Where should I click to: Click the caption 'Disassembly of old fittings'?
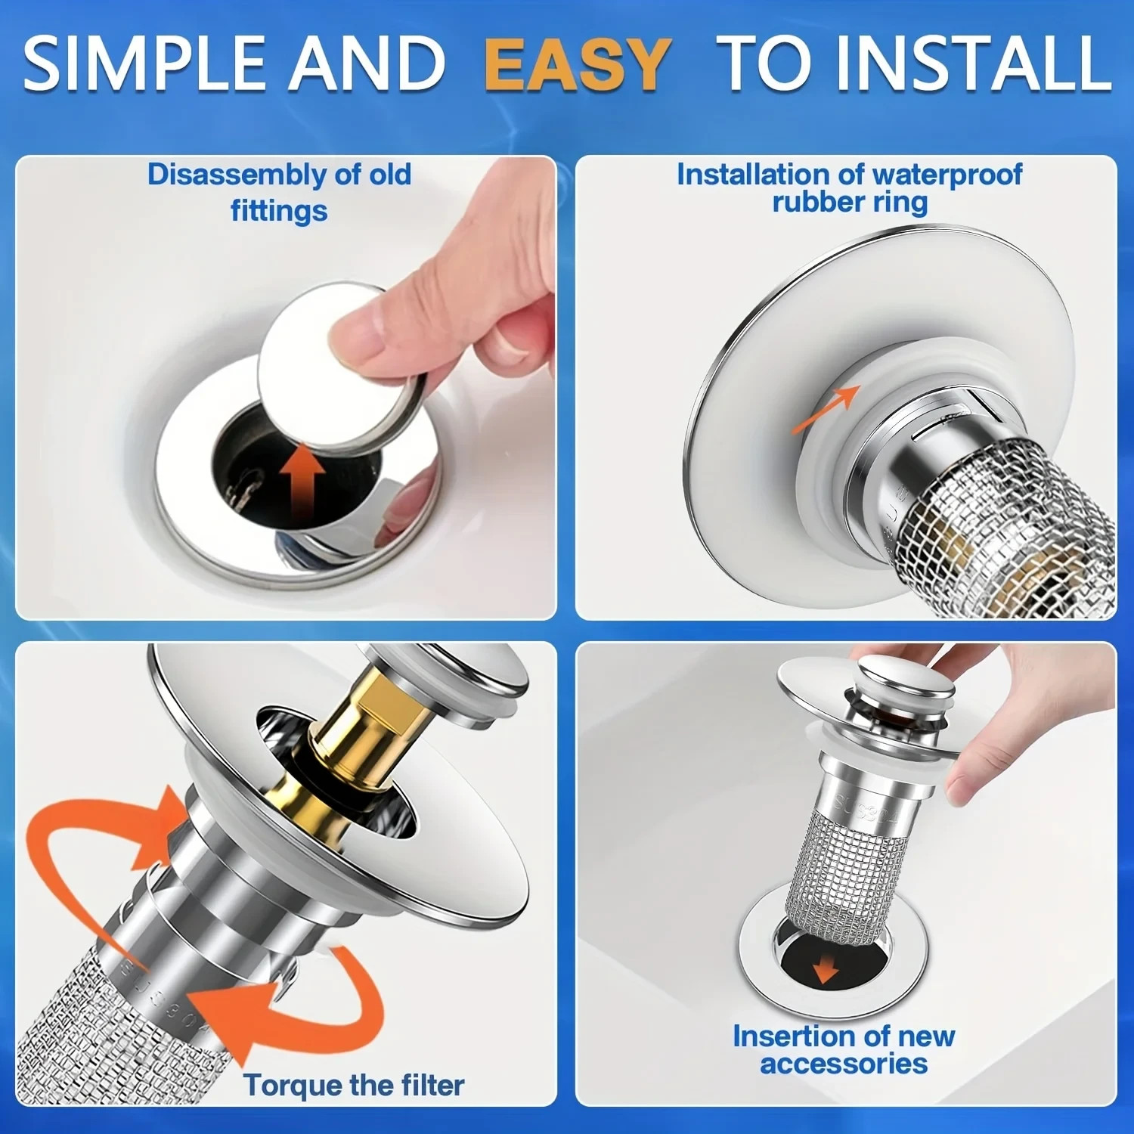tap(279, 192)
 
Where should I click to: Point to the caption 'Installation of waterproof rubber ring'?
tap(849, 188)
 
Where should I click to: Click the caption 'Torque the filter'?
tap(353, 1085)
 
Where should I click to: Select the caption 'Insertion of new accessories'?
tap(844, 1049)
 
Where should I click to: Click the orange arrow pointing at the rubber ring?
tap(826, 409)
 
